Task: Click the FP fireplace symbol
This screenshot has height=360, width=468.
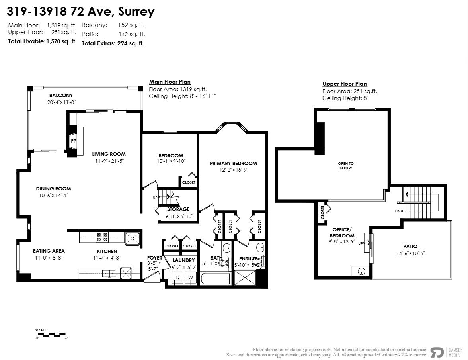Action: (74, 141)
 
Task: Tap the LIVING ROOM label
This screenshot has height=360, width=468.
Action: (109, 154)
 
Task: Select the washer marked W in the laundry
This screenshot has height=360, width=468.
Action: (190, 277)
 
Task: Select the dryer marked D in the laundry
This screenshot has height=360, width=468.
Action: (177, 277)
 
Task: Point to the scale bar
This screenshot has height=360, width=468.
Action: (51, 335)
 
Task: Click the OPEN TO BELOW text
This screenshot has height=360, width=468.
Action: (345, 166)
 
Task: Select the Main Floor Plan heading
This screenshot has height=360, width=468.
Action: (170, 82)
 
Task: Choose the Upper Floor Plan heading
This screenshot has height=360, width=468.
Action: (344, 84)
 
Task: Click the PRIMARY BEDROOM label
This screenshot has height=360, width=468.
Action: (233, 163)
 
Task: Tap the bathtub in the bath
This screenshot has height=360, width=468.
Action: (215, 278)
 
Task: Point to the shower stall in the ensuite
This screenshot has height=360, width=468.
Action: (246, 278)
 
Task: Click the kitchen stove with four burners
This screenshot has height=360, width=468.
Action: (101, 237)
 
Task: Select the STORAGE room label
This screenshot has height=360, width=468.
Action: (178, 209)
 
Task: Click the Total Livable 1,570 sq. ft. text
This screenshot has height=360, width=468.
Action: (42, 41)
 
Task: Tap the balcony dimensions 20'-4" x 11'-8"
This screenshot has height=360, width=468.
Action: (61, 102)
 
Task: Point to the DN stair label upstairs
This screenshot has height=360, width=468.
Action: (397, 211)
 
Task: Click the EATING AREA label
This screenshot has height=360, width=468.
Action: (49, 251)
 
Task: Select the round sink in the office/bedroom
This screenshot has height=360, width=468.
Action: (361, 272)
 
